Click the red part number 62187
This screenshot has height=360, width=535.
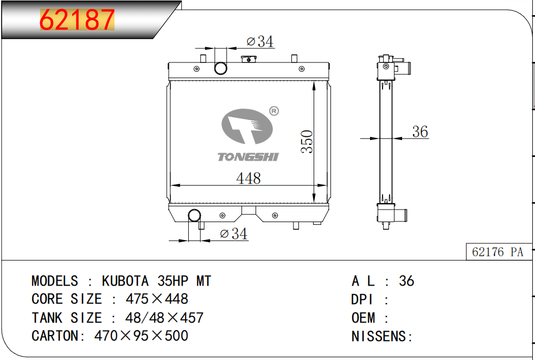pyautogui.click(x=77, y=20)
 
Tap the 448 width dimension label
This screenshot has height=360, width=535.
pyautogui.click(x=249, y=178)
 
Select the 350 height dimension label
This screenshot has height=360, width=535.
pyautogui.click(x=307, y=141)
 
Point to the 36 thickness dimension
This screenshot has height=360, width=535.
pyautogui.click(x=420, y=131)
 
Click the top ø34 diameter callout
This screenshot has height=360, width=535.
pyautogui.click(x=260, y=41)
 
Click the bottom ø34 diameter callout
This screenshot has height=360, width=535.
pyautogui.click(x=234, y=233)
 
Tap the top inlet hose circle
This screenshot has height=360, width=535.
pyautogui.click(x=221, y=68)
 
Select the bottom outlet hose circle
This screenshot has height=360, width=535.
pyautogui.click(x=194, y=216)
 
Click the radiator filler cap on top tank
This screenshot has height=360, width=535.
pyautogui.click(x=249, y=59)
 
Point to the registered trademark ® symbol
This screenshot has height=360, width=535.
pyautogui.click(x=274, y=111)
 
